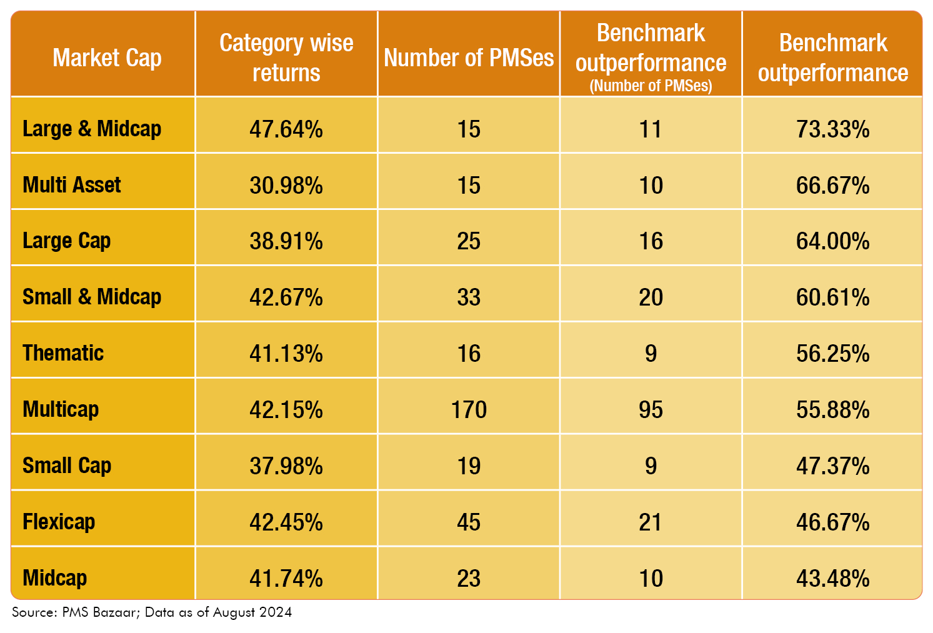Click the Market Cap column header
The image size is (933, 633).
pyautogui.click(x=107, y=57)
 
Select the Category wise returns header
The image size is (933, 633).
pyautogui.click(x=286, y=57)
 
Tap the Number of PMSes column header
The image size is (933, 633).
pyautogui.click(x=469, y=57)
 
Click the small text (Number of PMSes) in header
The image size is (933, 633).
pyautogui.click(x=651, y=86)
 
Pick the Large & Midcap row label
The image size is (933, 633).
pyautogui.click(x=92, y=129)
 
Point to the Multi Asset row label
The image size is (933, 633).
pyautogui.click(x=72, y=185)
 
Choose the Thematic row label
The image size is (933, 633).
pyautogui.click(x=63, y=353)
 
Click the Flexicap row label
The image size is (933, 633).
pyautogui.click(x=59, y=522)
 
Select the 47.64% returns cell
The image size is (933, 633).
pyautogui.click(x=286, y=129)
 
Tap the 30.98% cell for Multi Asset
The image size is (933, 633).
pyautogui.click(x=286, y=186)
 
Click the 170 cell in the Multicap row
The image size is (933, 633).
pyautogui.click(x=469, y=410)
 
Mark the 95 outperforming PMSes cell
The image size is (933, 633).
pyautogui.click(x=651, y=410)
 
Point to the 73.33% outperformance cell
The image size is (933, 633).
pyautogui.click(x=832, y=129)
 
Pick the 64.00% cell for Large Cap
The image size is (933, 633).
pyautogui.click(x=832, y=241)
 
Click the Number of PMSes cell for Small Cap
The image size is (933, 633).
pyautogui.click(x=469, y=466)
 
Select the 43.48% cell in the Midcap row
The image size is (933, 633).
pyautogui.click(x=832, y=579)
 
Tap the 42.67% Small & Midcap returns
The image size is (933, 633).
pyautogui.click(x=286, y=297)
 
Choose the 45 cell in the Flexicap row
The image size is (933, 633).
pyautogui.click(x=469, y=522)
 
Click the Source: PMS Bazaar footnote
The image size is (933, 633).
pyautogui.click(x=152, y=612)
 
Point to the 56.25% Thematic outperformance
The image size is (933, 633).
pyautogui.click(x=832, y=354)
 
